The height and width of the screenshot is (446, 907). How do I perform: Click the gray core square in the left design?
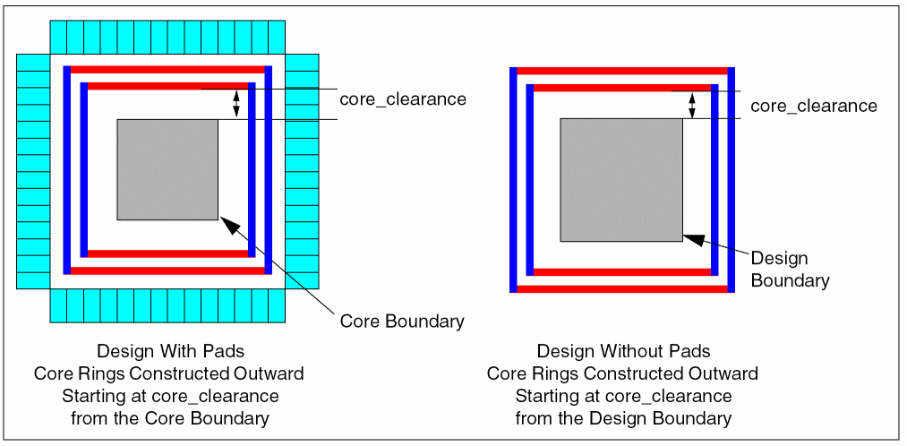click(167, 169)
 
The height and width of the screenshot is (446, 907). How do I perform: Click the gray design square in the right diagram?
click(621, 179)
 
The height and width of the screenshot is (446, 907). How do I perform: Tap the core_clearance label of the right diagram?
click(813, 106)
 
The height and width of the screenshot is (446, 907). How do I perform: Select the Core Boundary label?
click(402, 321)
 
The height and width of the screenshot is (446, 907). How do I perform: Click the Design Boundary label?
click(790, 270)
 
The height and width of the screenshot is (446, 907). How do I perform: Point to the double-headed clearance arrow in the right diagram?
click(691, 105)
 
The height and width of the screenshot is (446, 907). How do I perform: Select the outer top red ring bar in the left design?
click(167, 69)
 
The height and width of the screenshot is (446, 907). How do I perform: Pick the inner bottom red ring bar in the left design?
click(167, 253)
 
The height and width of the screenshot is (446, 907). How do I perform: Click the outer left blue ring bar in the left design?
click(67, 169)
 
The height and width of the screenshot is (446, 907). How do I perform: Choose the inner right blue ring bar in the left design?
click(252, 169)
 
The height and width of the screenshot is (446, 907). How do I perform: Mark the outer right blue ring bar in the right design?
click(731, 179)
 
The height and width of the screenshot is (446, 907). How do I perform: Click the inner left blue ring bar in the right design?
click(530, 179)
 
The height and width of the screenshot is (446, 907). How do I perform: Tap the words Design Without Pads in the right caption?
click(623, 351)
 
